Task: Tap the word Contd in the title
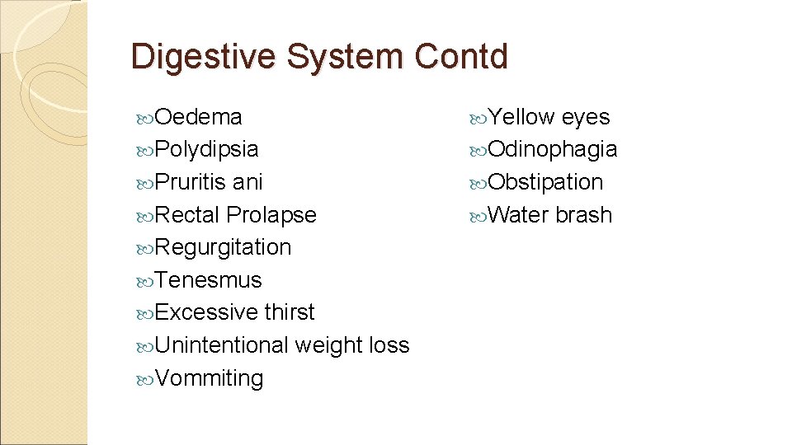462,57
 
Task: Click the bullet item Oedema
198,117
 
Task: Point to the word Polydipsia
206,150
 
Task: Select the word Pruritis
191,182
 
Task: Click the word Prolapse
271,215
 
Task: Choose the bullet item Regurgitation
223,247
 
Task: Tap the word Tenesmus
208,280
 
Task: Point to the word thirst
290,312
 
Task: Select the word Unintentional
222,345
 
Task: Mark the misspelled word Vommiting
210,378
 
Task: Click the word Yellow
521,117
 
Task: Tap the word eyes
586,117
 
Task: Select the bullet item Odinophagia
552,150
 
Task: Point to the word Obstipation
545,182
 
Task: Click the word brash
584,215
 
